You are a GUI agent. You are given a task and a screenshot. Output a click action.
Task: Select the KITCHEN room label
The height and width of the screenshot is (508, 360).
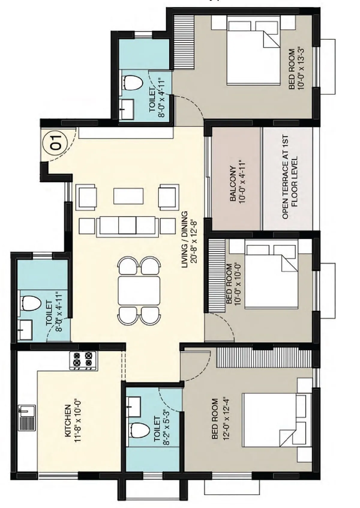click(x=68, y=420)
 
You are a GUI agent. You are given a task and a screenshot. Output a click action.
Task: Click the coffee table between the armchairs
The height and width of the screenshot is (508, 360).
click(x=128, y=196)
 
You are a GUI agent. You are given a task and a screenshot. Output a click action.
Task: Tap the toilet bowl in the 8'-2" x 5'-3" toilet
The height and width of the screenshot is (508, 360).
click(x=139, y=431)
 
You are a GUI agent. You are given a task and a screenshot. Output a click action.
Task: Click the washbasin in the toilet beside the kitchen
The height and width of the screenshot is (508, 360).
click(x=25, y=330)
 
